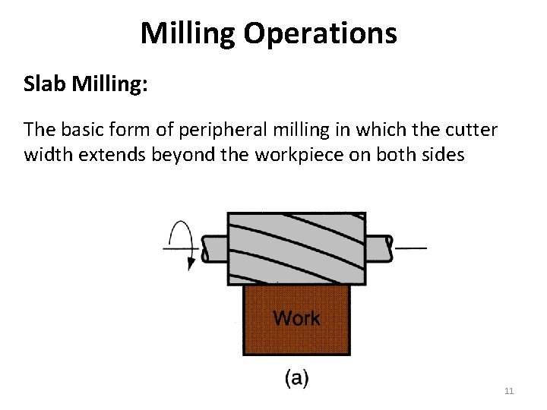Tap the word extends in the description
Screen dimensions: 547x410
click(x=104, y=156)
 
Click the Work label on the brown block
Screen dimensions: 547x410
click(x=296, y=318)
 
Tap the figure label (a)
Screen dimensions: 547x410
click(x=296, y=378)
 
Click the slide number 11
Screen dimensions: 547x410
click(x=509, y=391)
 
